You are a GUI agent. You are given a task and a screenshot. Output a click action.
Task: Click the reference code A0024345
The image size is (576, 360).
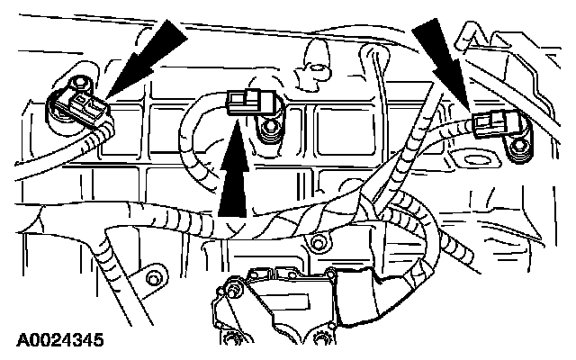click(58, 340)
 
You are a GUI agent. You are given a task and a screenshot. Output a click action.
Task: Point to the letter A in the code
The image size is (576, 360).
click(20, 340)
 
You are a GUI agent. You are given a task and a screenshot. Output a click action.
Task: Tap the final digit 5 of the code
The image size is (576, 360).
click(97, 340)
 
